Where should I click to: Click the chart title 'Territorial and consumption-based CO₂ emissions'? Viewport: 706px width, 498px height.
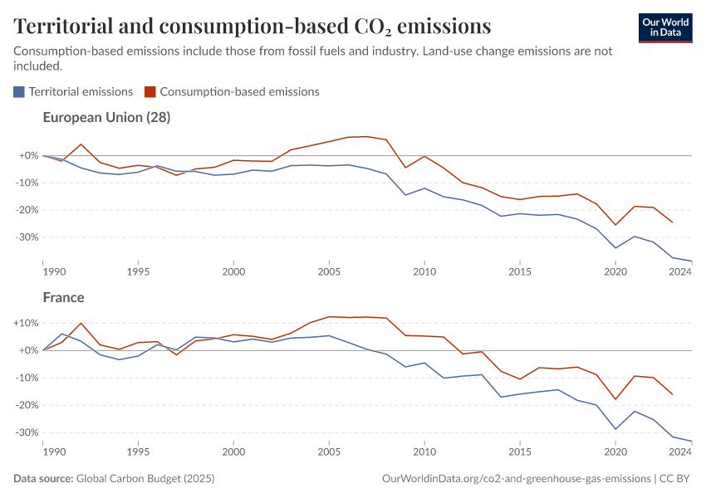(x=252, y=27)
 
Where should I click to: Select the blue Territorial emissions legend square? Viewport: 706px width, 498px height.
(x=19, y=92)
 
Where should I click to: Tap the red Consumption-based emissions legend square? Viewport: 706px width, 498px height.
(x=150, y=92)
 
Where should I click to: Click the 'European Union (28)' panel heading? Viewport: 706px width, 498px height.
(x=106, y=118)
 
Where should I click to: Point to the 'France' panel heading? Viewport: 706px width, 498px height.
(x=63, y=297)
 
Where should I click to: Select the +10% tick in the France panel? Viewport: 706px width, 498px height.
(x=26, y=323)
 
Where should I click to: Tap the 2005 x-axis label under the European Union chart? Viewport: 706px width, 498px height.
(x=329, y=271)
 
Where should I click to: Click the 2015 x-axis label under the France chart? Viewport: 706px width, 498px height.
(x=520, y=452)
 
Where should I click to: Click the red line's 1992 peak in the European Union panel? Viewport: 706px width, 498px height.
(x=81, y=144)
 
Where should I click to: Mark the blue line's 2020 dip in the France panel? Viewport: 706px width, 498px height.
(x=615, y=429)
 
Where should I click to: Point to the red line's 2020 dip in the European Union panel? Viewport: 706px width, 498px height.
(x=615, y=225)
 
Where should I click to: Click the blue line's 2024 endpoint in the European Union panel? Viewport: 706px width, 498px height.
(x=692, y=261)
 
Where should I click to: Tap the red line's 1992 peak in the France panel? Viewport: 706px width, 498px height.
(x=81, y=323)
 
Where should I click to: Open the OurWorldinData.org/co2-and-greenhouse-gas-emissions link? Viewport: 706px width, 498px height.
(x=516, y=479)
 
